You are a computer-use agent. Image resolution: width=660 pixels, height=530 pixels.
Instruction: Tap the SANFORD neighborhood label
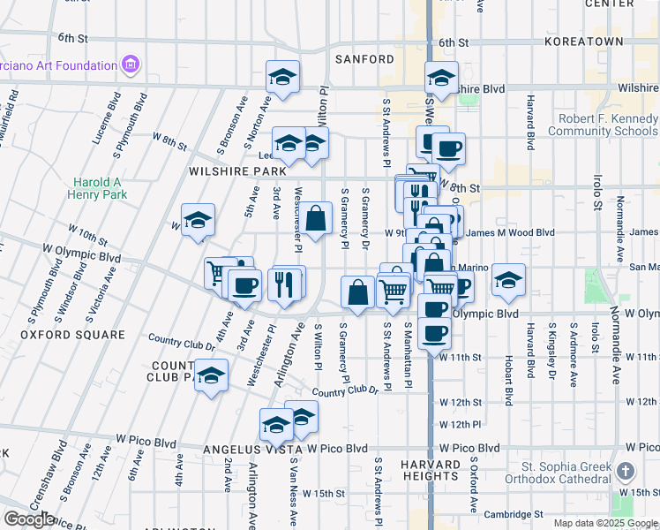364,59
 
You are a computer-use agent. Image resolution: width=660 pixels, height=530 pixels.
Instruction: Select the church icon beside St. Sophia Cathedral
626,472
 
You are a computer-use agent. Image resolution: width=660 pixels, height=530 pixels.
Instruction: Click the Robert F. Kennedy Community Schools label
602,125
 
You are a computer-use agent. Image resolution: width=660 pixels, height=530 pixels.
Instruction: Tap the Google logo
29,519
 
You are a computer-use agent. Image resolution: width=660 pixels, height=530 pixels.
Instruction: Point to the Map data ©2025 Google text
605,523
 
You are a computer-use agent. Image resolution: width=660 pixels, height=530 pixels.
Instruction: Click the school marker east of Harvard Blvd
508,281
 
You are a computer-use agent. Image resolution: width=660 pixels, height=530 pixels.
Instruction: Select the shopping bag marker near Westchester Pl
316,218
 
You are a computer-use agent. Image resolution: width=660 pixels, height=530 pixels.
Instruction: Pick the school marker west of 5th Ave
198,222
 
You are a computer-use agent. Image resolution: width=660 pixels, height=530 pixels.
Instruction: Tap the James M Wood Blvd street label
496,232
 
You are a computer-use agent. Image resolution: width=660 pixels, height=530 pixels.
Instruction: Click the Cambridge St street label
512,513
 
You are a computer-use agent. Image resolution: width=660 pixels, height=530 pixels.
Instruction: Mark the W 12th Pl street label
463,424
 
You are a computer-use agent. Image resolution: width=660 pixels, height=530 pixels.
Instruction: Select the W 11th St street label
461,357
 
